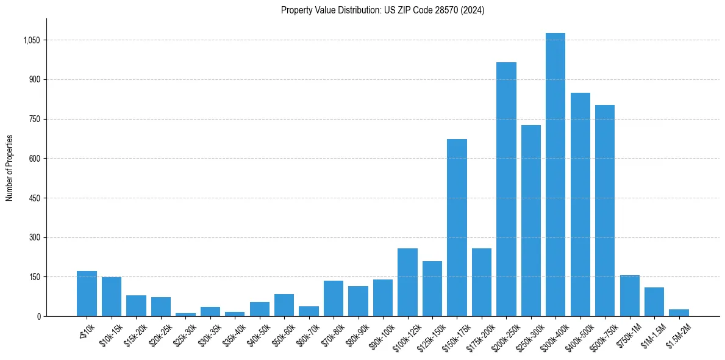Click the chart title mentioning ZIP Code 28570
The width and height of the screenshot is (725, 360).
[x=382, y=10]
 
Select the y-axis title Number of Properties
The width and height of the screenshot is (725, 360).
[x=10, y=168]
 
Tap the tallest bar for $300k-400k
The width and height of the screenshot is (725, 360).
[x=555, y=175]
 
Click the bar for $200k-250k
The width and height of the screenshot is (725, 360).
[x=506, y=189]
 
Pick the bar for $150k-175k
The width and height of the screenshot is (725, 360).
[x=457, y=228]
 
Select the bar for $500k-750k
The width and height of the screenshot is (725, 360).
[x=604, y=211]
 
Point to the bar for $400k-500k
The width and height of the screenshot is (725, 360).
[x=580, y=204]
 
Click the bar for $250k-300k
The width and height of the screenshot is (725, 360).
[x=530, y=220]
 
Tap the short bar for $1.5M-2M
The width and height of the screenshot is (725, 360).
[x=679, y=312]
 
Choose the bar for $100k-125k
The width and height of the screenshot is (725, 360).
[x=407, y=282]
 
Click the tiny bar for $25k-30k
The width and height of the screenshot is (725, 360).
[x=185, y=314]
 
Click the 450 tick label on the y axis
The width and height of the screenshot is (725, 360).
[x=34, y=198]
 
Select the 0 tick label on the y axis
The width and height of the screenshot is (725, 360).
[x=38, y=316]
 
